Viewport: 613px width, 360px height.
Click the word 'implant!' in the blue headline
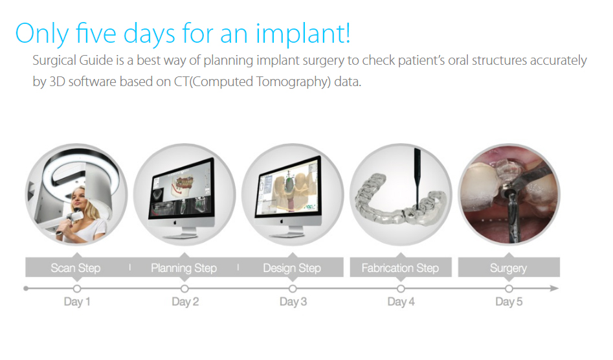tap(303, 34)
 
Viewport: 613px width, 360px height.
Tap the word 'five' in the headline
tap(95, 32)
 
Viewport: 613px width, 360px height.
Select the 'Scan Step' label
tap(76, 268)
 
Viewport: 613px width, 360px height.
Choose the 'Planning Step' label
tap(184, 268)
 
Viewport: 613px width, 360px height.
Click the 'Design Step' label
tap(292, 268)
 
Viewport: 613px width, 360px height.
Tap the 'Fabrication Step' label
tap(400, 268)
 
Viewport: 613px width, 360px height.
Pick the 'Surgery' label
tap(508, 268)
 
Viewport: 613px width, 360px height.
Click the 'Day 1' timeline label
tap(77, 301)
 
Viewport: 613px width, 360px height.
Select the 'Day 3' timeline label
tap(293, 301)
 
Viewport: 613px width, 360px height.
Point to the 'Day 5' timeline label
tap(509, 301)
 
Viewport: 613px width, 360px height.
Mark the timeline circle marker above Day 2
tap(184, 289)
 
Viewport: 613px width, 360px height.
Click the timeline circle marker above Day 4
tap(401, 289)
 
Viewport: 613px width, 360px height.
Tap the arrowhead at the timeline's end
tap(554, 289)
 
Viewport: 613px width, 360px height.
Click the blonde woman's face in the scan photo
tap(80, 199)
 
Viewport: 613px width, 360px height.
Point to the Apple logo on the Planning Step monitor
tap(175, 223)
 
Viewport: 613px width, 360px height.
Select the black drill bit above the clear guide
tap(418, 177)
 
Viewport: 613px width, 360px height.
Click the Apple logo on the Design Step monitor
tap(282, 221)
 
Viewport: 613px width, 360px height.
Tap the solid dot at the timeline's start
tap(26, 289)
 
